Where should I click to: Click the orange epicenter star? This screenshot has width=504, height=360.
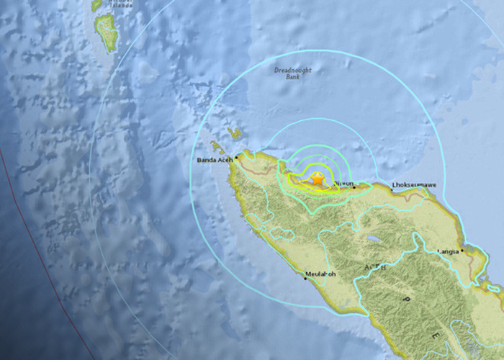(317, 179)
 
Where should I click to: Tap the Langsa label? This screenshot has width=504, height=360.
(448, 251)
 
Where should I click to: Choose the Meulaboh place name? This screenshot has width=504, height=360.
(320, 274)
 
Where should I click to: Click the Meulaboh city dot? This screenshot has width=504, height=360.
(305, 279)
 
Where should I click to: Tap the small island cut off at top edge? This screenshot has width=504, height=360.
(96, 4)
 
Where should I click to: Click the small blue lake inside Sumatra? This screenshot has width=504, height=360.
(373, 239)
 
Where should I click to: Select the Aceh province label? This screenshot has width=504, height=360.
(377, 268)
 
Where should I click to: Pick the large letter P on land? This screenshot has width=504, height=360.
(406, 298)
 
